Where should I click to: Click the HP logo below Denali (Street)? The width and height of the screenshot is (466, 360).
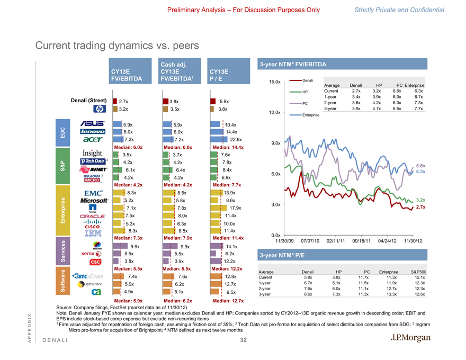[x=100, y=110]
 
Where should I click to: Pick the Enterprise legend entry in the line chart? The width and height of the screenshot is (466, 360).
[x=311, y=115]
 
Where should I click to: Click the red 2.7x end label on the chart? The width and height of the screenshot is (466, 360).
[x=421, y=207]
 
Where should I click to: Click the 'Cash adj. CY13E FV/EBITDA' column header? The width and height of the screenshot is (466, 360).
[x=175, y=73]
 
